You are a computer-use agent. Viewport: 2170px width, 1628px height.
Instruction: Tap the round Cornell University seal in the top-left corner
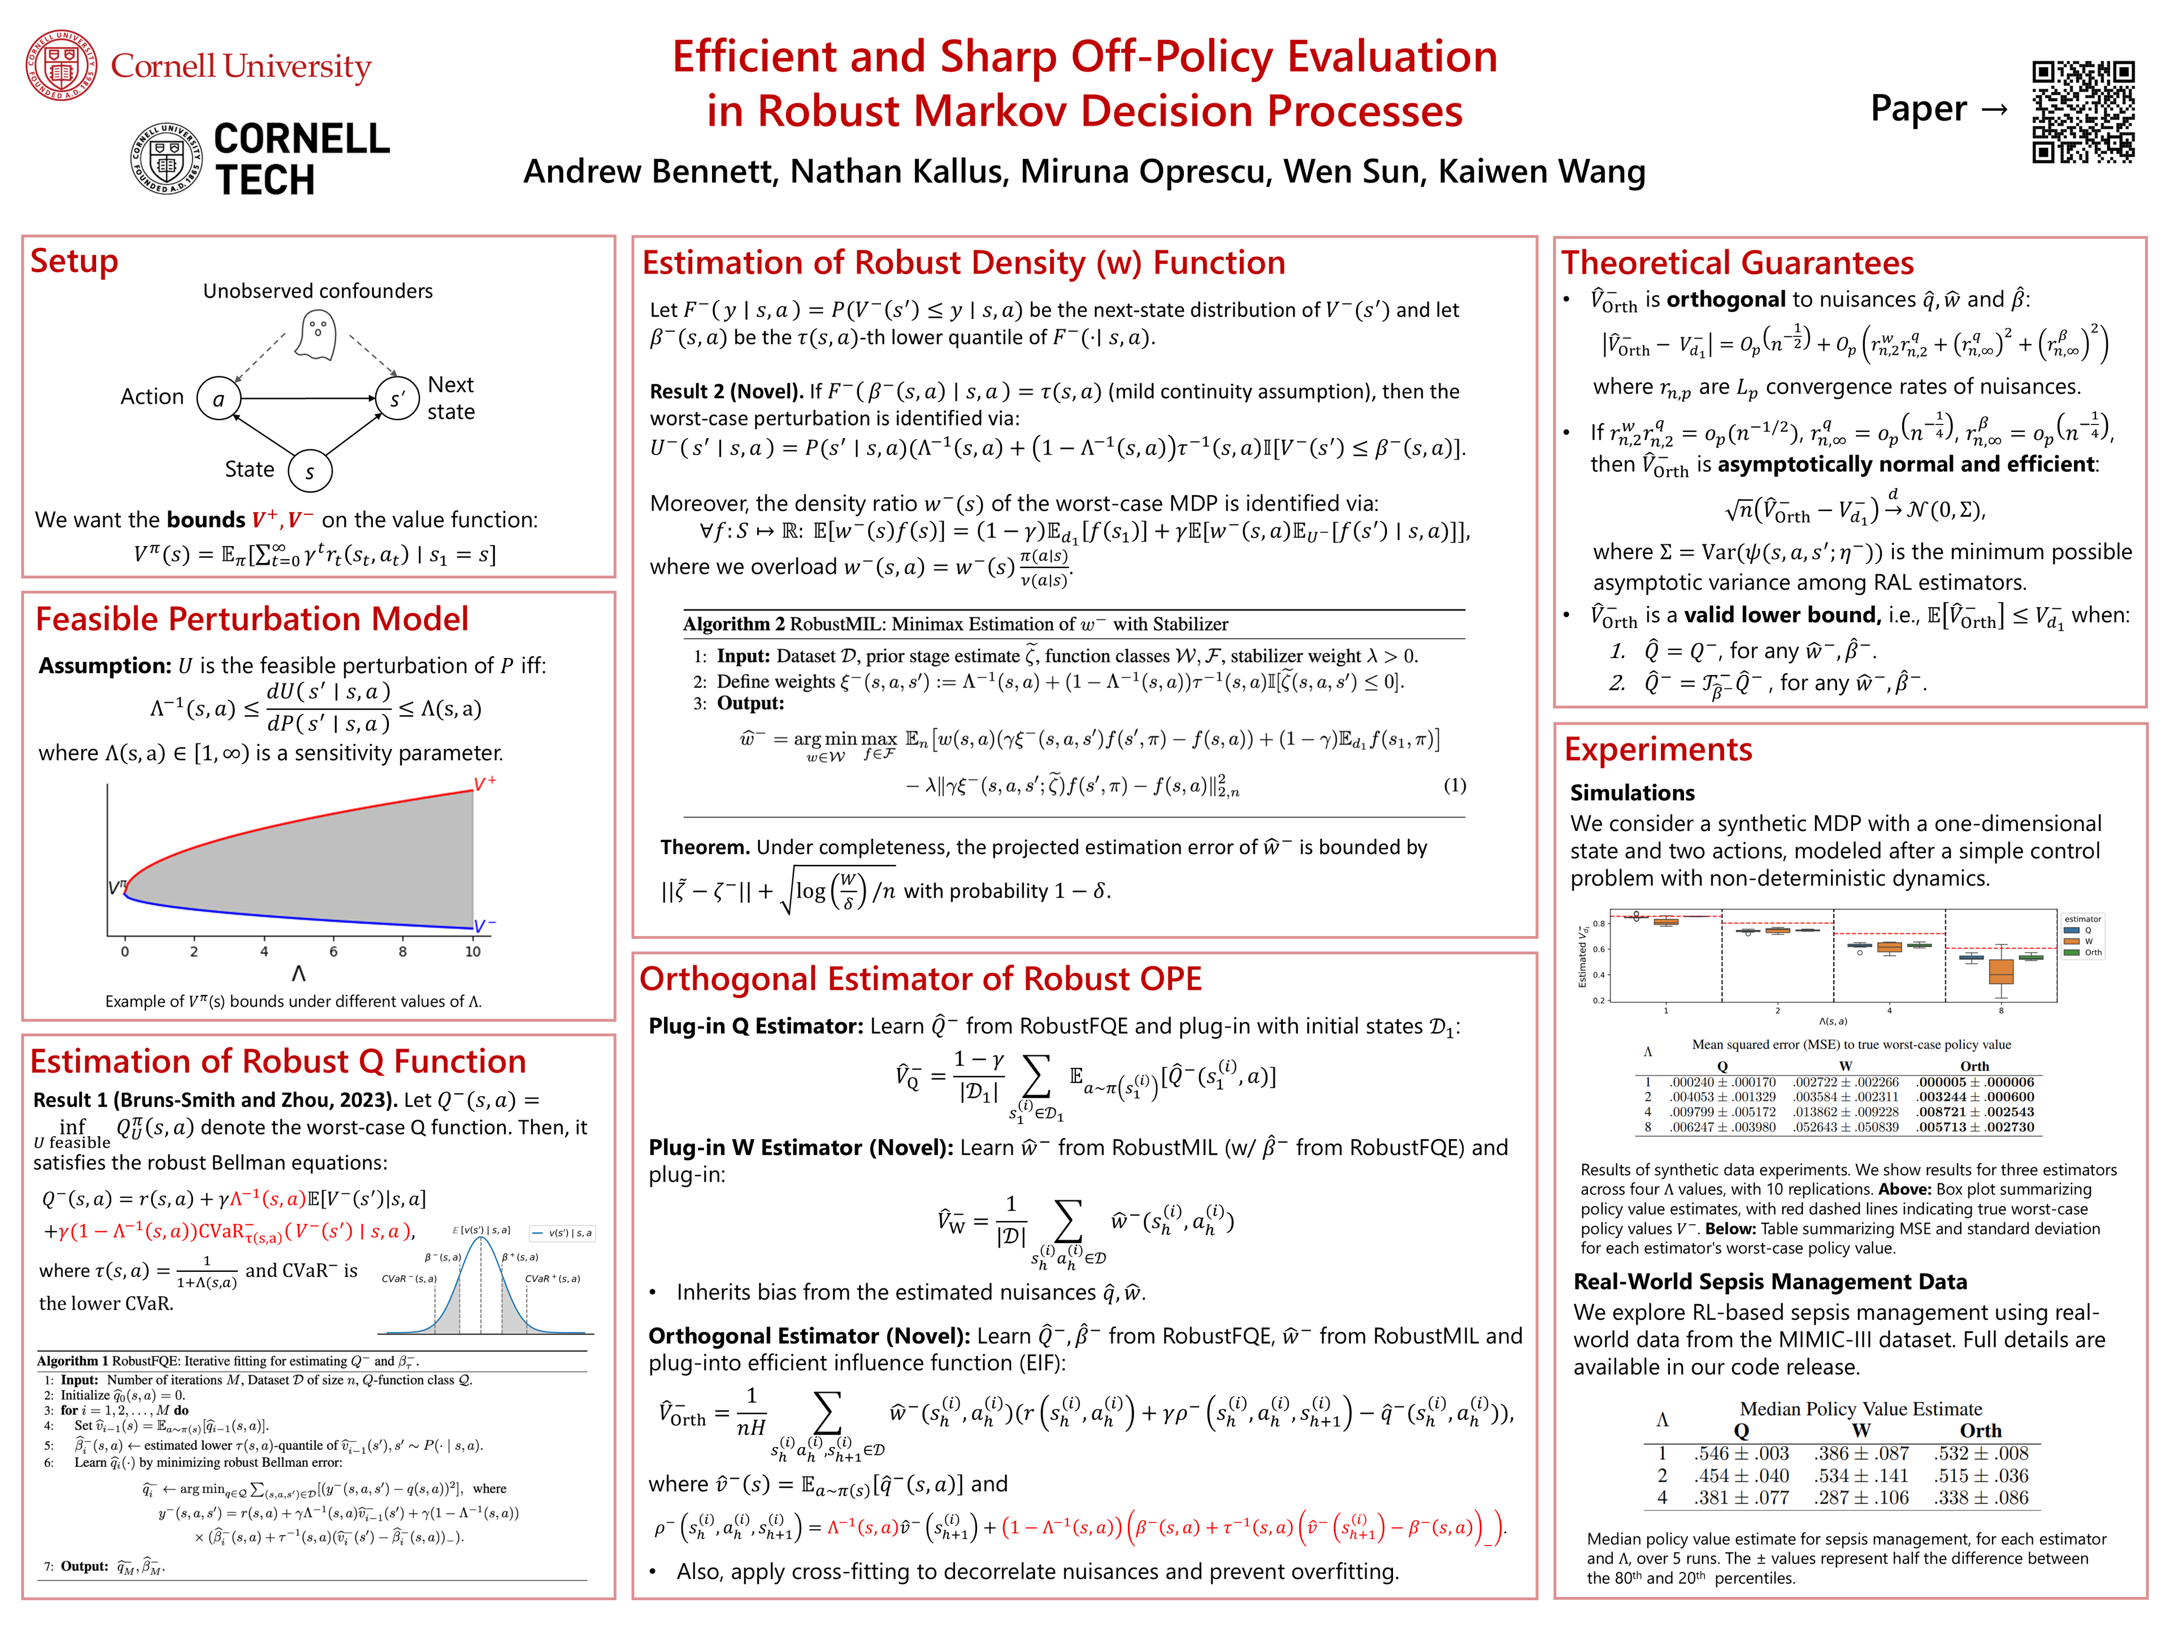[61, 66]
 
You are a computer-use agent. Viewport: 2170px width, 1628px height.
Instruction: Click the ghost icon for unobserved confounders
[316, 336]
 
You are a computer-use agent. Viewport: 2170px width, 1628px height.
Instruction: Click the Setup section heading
[75, 262]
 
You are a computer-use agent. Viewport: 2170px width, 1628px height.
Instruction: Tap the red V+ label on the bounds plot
[485, 783]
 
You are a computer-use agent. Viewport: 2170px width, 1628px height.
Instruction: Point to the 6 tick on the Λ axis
[333, 951]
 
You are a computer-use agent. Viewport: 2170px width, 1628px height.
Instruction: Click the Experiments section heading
[1658, 750]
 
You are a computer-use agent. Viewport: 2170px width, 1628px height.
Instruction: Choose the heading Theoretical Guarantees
[1737, 263]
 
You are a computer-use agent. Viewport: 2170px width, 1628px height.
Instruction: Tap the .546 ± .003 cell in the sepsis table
[1741, 1453]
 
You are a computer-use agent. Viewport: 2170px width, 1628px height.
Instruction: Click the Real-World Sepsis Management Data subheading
[1770, 1281]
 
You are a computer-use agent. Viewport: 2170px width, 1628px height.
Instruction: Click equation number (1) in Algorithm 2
[1454, 785]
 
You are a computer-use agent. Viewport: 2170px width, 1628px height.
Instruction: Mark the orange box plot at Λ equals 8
[2001, 971]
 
